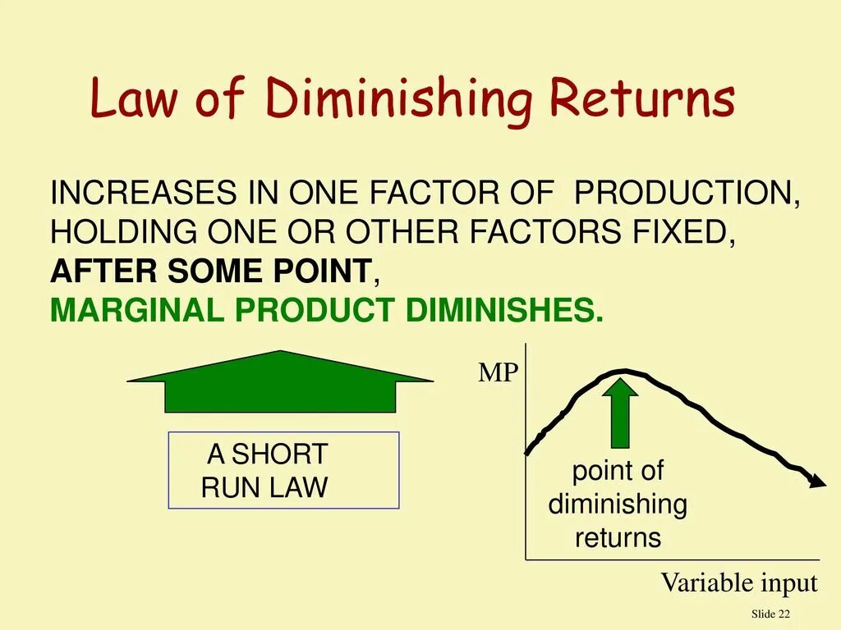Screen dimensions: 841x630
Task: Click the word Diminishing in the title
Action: (398, 100)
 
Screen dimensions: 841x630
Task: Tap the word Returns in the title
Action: (641, 98)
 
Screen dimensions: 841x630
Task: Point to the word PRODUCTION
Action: (687, 194)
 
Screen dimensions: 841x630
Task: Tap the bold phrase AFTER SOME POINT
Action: (211, 271)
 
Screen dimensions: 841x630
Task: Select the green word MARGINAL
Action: (137, 310)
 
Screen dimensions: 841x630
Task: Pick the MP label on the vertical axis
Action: (499, 374)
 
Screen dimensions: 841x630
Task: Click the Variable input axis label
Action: (739, 583)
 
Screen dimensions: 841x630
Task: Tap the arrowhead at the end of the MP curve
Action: (817, 482)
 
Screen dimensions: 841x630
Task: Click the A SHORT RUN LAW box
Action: (283, 470)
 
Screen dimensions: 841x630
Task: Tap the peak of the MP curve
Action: (626, 371)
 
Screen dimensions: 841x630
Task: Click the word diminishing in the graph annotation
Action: (618, 504)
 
